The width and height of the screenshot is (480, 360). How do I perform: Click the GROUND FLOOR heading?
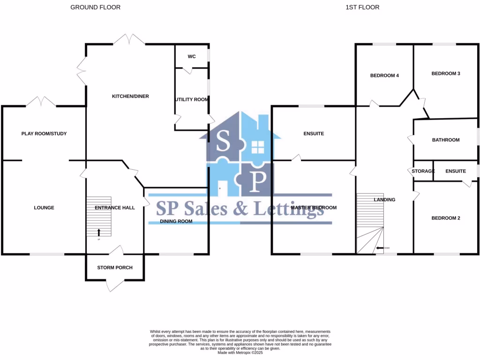pyautogui.click(x=95, y=7)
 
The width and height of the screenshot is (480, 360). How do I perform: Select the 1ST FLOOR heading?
pyautogui.click(x=362, y=7)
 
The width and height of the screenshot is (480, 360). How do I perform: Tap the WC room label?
pyautogui.click(x=191, y=57)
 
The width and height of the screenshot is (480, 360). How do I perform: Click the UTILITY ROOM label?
pyautogui.click(x=192, y=99)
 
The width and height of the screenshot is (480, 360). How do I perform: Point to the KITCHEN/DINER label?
pyautogui.click(x=130, y=96)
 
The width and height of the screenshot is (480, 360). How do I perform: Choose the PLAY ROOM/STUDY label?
pyautogui.click(x=44, y=134)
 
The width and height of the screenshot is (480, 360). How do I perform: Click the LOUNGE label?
pyautogui.click(x=44, y=208)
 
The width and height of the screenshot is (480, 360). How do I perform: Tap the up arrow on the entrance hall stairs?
pyautogui.click(x=99, y=232)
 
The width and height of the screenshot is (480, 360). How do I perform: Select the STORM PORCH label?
pyautogui.click(x=115, y=268)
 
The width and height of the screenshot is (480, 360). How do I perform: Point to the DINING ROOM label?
pyautogui.click(x=176, y=221)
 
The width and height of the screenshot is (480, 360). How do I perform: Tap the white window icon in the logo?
pyautogui.click(x=258, y=147)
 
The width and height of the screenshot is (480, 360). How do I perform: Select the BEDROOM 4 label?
pyautogui.click(x=384, y=75)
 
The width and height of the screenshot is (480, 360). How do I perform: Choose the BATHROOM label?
pyautogui.click(x=446, y=140)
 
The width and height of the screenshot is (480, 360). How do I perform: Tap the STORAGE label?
pyautogui.click(x=423, y=171)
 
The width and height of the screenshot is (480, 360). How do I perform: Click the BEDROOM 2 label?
pyautogui.click(x=446, y=218)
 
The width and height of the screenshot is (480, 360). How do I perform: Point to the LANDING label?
pyautogui.click(x=384, y=200)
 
